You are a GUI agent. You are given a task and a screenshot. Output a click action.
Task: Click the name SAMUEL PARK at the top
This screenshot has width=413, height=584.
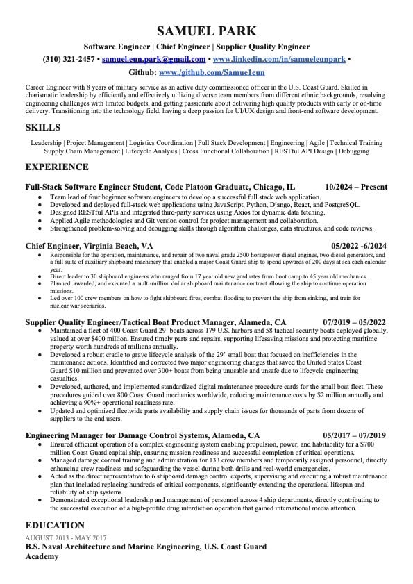(206, 31)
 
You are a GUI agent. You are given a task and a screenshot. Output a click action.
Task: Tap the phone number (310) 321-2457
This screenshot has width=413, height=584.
(69, 60)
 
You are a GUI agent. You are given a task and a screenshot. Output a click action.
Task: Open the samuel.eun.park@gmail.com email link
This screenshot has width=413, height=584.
(153, 60)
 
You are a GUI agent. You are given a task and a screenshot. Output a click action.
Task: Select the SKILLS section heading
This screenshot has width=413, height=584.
(42, 127)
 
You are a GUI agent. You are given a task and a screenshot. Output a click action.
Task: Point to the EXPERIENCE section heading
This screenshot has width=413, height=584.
(57, 167)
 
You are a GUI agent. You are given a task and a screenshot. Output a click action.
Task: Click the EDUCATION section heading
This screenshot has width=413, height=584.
(55, 525)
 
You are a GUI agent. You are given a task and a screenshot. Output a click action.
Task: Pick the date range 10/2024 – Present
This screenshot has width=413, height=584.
(355, 187)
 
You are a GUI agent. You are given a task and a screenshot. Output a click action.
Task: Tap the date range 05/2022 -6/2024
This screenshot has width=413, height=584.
(359, 246)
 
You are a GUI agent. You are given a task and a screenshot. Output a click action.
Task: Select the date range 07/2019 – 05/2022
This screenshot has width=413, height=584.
(355, 322)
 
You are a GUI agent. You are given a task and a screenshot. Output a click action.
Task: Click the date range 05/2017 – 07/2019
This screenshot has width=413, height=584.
(355, 435)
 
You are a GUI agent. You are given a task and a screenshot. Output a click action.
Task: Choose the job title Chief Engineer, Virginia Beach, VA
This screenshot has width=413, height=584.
(90, 246)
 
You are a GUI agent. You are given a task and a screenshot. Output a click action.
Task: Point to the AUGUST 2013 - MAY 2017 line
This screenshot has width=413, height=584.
(66, 537)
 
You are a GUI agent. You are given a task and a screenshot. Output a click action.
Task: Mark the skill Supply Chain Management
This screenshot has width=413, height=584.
(81, 151)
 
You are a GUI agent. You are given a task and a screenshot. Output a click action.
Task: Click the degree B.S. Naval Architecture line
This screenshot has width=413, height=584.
(146, 547)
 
